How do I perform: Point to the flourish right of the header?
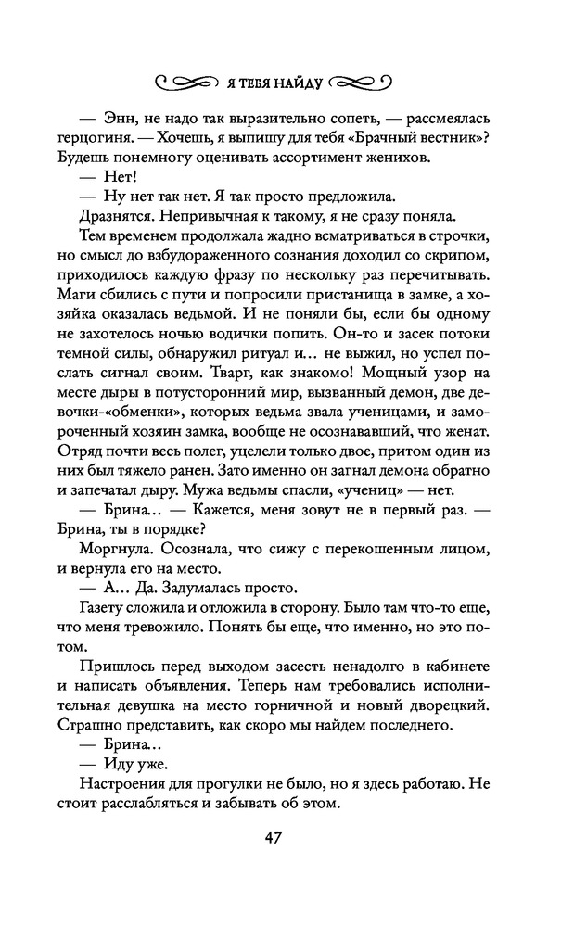click(x=364, y=82)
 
